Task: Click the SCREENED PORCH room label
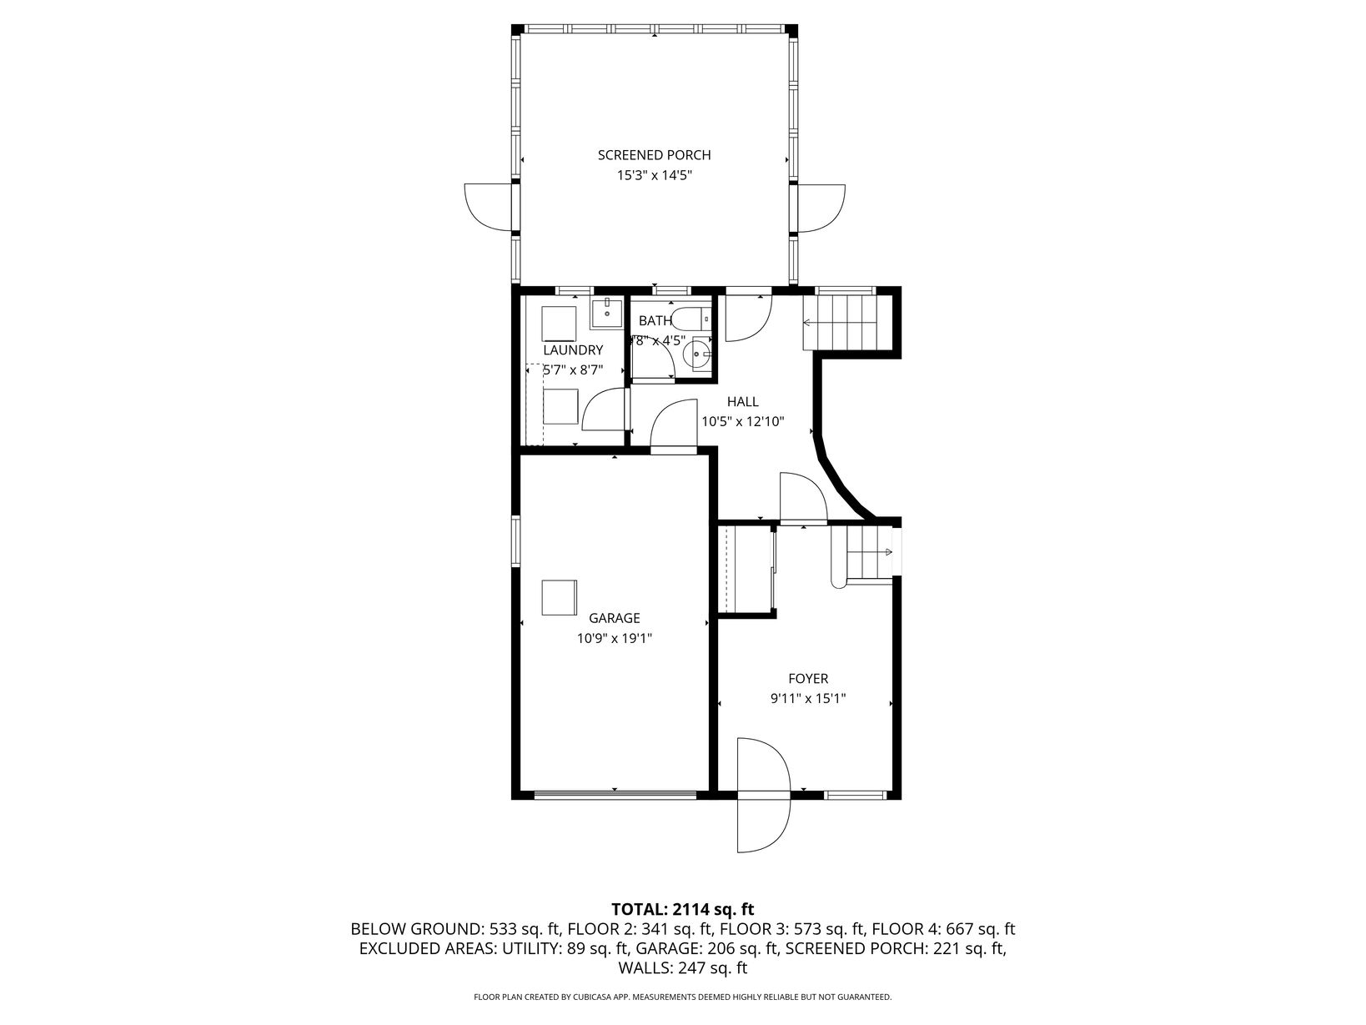pos(654,155)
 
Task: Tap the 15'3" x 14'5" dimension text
pos(654,175)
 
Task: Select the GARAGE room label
pos(615,618)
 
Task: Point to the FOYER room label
pos(808,678)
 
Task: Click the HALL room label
pos(742,401)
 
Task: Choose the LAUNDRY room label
pos(573,349)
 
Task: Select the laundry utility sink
pos(607,313)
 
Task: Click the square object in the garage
pos(559,597)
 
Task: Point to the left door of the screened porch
pos(489,208)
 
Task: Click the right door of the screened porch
pos(821,208)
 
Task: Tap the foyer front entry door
pos(764,795)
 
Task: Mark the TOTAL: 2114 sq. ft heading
pos(683,909)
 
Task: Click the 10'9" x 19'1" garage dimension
pos(615,638)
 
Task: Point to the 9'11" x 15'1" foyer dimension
pos(808,698)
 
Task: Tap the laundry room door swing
pos(604,409)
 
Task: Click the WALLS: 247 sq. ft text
pos(683,967)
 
